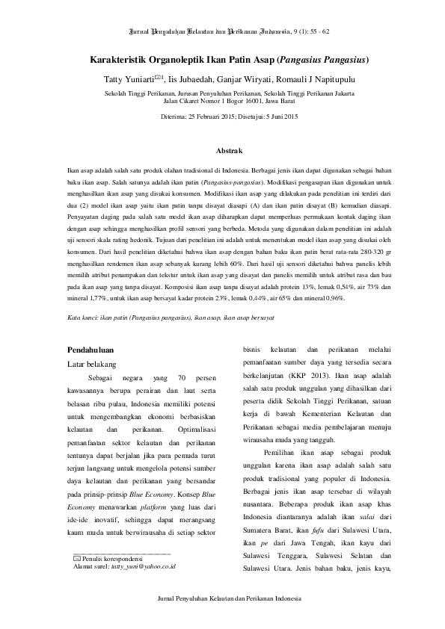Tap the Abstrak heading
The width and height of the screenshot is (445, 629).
coord(222,151)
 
